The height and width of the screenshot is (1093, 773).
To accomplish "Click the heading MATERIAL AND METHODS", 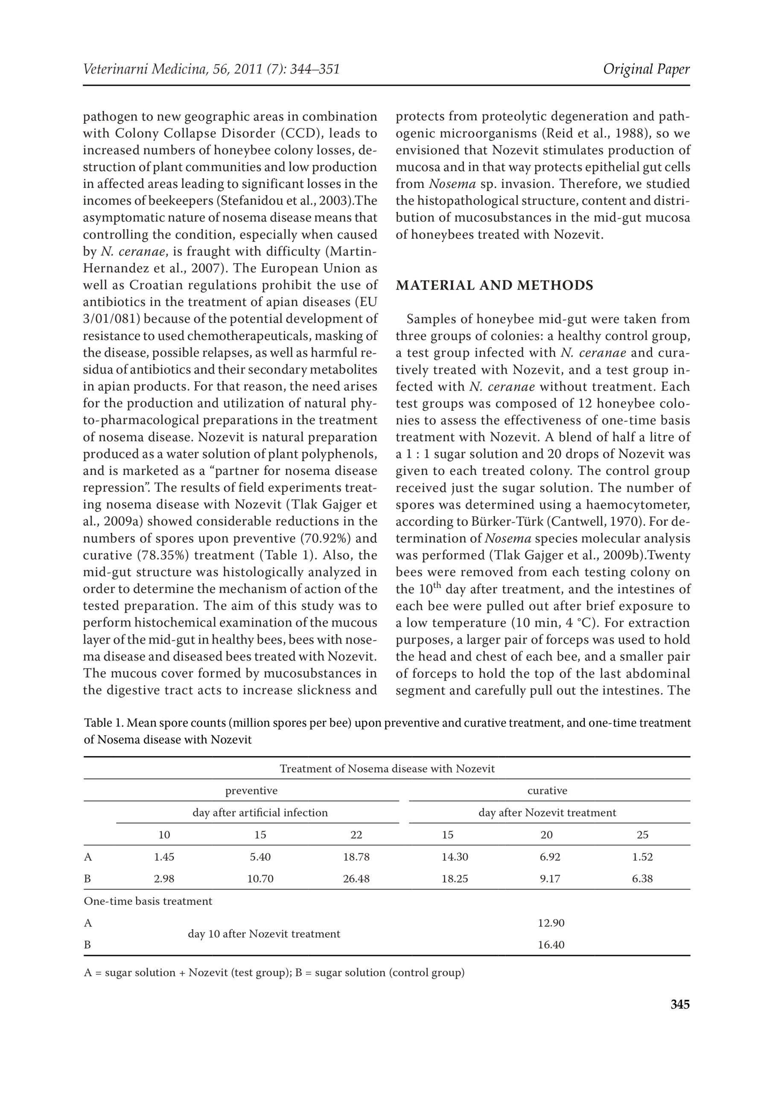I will pyautogui.click(x=495, y=286).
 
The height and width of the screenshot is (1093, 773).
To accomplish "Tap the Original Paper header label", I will pyautogui.click(x=646, y=70).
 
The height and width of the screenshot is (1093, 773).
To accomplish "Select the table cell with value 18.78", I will pyautogui.click(x=356, y=857).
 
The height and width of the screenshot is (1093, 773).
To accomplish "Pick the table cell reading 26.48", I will pyautogui.click(x=356, y=879).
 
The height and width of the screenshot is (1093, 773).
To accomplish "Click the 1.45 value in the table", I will pyautogui.click(x=164, y=857).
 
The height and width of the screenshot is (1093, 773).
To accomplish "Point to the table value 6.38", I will pyautogui.click(x=642, y=879).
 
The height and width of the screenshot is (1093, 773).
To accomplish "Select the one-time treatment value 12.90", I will pyautogui.click(x=551, y=923).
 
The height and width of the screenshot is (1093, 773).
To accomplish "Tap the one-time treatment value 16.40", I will pyautogui.click(x=551, y=945).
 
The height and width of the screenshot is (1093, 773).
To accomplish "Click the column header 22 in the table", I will pyautogui.click(x=356, y=835).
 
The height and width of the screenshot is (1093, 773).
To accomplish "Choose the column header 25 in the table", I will pyautogui.click(x=642, y=835).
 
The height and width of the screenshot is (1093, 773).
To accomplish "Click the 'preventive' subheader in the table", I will pyautogui.click(x=251, y=791).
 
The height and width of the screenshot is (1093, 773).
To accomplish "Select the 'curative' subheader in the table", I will pyautogui.click(x=547, y=791).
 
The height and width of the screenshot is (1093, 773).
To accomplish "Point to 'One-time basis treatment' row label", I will pyautogui.click(x=148, y=901).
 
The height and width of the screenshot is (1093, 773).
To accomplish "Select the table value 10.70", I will pyautogui.click(x=260, y=879).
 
